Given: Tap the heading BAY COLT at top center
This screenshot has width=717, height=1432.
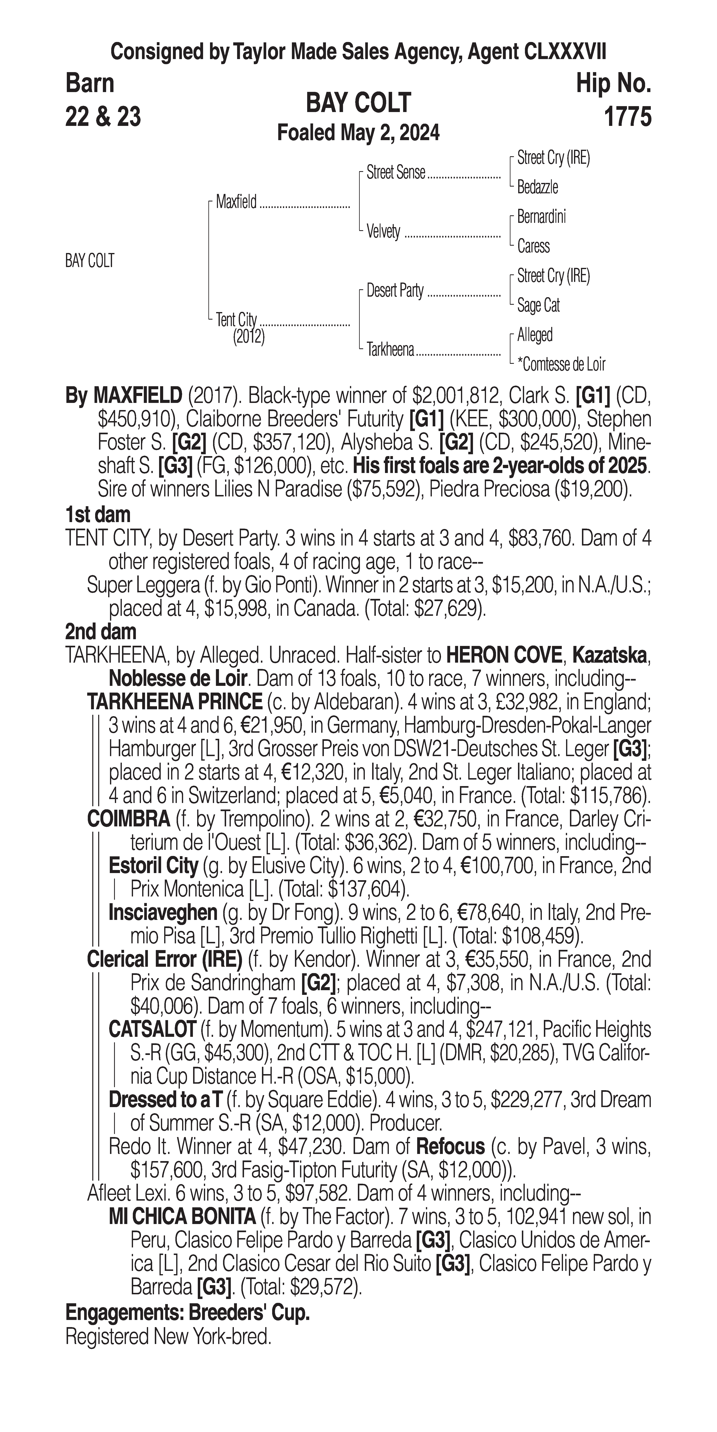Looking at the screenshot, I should click(358, 103).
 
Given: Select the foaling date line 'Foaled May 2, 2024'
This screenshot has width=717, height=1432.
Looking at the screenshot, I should click(358, 133).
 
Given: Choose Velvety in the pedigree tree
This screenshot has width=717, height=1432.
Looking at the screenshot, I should click(384, 231).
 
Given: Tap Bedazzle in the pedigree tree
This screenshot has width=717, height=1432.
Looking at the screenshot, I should click(538, 187).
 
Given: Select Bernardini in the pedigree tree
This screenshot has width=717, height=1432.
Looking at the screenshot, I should click(541, 217).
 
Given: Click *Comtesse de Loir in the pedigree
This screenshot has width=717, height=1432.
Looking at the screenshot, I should click(561, 365).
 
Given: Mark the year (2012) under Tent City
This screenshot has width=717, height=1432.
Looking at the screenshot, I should click(249, 337).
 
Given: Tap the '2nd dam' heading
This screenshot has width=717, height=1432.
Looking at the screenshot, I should click(101, 632).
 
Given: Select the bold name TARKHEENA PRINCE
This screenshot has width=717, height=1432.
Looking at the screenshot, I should click(175, 702).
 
